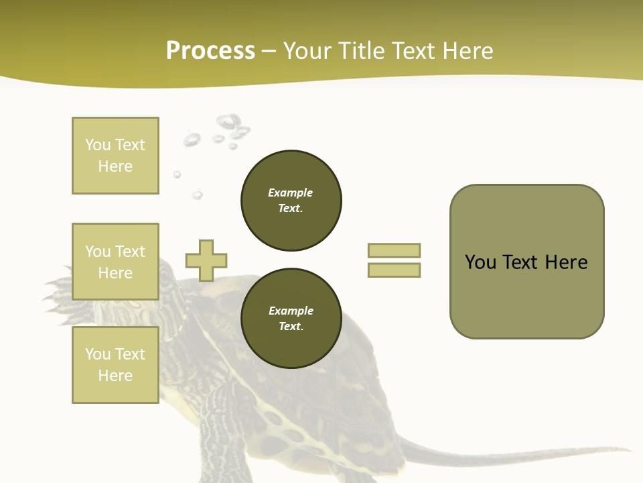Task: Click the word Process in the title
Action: (210, 51)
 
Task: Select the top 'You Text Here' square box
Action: (115, 156)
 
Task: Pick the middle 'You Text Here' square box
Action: (115, 262)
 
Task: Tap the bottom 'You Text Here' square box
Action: (115, 365)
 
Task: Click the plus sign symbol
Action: (206, 260)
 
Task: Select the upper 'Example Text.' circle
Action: (291, 201)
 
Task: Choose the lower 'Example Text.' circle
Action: (291, 319)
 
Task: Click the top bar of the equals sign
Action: (394, 250)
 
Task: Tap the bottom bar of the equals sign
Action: (394, 270)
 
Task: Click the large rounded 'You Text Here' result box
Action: (526, 262)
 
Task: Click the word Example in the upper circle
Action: (290, 193)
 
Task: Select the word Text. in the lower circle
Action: (291, 327)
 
